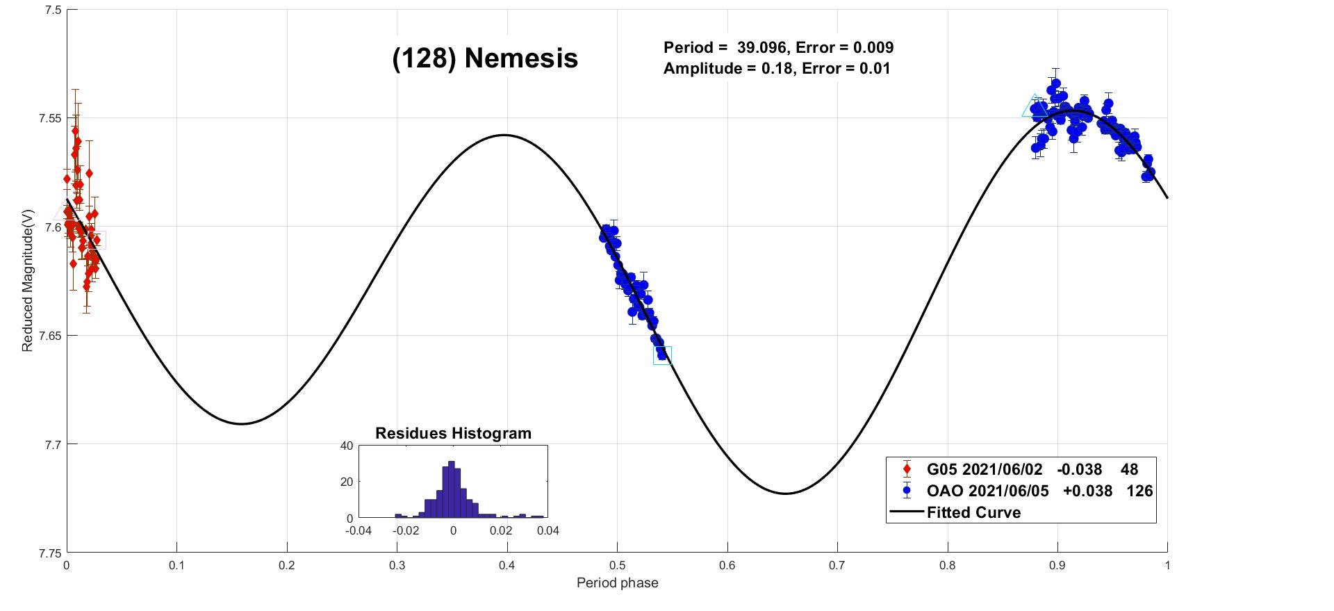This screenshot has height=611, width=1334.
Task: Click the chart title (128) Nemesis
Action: pyautogui.click(x=485, y=58)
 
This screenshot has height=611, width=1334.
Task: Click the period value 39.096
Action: pyautogui.click(x=761, y=47)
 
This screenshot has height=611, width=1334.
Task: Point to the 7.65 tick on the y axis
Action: pyautogui.click(x=49, y=336)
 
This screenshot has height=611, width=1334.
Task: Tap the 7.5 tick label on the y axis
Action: pyautogui.click(x=53, y=10)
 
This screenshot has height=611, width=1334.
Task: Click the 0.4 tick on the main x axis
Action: pyautogui.click(x=507, y=565)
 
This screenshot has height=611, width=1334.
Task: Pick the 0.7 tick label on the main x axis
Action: pyautogui.click(x=837, y=565)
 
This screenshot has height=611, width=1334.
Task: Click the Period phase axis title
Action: pyautogui.click(x=617, y=583)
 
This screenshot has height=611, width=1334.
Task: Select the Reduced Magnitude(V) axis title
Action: pyautogui.click(x=27, y=280)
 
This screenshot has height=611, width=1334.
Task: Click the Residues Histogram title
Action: pyautogui.click(x=453, y=433)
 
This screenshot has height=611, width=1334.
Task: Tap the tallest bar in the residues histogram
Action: pyautogui.click(x=451, y=490)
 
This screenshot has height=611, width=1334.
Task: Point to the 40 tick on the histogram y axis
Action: pyautogui.click(x=346, y=446)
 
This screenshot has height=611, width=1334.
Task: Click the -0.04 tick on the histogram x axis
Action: pyautogui.click(x=359, y=531)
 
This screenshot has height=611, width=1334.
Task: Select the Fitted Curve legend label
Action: pyautogui.click(x=973, y=513)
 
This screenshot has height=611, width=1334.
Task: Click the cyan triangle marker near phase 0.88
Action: pyautogui.click(x=1034, y=106)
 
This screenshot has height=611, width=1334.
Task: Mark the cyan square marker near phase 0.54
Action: pyautogui.click(x=662, y=355)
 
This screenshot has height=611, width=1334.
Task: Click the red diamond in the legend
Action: pyautogui.click(x=906, y=469)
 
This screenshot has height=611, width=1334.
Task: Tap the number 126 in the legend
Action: pyautogui.click(x=1139, y=491)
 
